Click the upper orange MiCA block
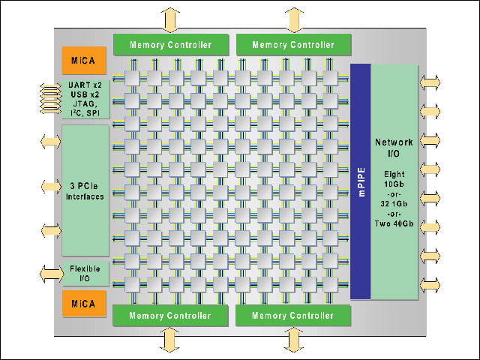(84, 60)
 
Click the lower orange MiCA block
(84, 303)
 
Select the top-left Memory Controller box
(171, 45)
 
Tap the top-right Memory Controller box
(293, 45)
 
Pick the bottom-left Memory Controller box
(170, 315)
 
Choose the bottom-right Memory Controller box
(293, 315)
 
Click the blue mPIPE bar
(361, 181)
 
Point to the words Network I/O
(394, 148)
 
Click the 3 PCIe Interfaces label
(85, 191)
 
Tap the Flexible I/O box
(85, 273)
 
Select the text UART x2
(85, 85)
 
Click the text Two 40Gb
(394, 223)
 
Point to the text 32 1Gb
(394, 203)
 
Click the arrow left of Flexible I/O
(52, 274)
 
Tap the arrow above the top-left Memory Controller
(170, 20)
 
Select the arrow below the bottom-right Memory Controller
(293, 340)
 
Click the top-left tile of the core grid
(132, 78)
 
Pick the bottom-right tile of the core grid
(330, 284)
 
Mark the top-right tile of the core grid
(330, 78)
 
